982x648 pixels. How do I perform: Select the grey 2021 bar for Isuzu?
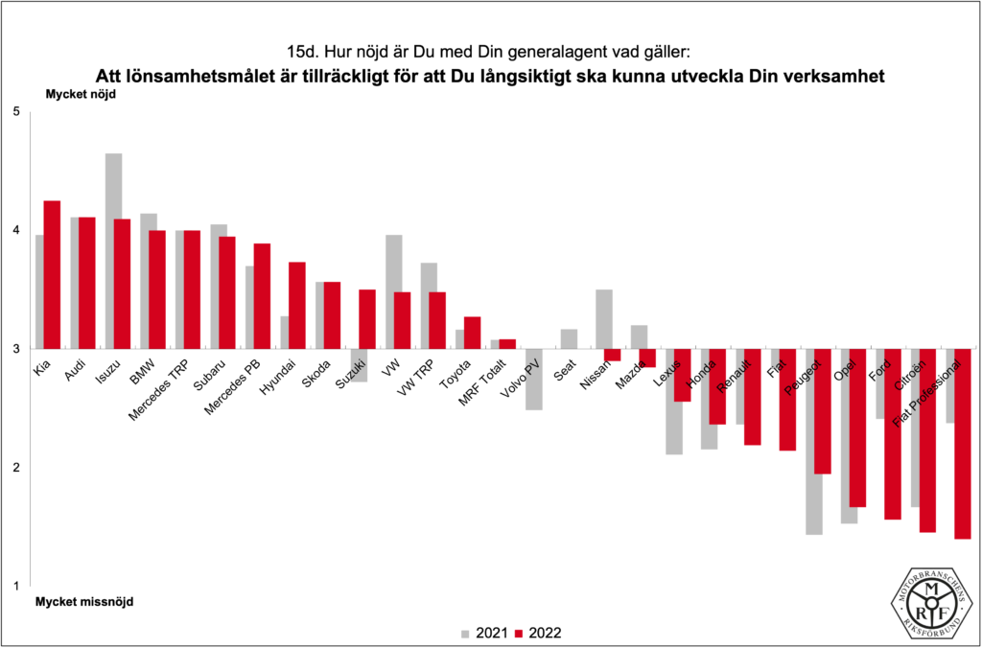113,250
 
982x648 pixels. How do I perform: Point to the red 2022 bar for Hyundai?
297,305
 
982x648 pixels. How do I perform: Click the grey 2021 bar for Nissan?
603,318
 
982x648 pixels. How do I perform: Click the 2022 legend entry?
535,633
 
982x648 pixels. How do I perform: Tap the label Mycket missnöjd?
84,602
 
